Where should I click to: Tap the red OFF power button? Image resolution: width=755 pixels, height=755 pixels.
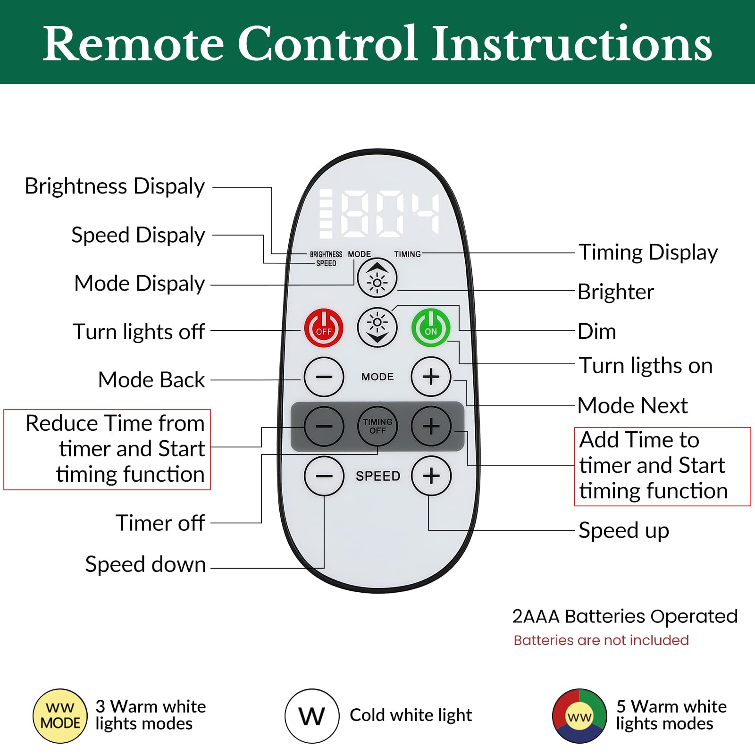(324, 328)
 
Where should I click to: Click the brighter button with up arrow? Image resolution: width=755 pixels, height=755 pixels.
(377, 278)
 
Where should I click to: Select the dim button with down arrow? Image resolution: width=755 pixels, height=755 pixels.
(377, 327)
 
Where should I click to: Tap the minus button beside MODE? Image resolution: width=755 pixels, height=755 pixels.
(324, 377)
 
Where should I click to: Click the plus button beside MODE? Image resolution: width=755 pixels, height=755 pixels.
(431, 377)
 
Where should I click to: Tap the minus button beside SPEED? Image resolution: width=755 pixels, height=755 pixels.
(324, 476)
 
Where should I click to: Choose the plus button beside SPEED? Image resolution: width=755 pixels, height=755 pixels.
(431, 476)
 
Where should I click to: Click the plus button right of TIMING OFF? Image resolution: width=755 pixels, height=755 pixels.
(431, 426)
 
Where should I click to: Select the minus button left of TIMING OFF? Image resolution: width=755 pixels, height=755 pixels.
(324, 426)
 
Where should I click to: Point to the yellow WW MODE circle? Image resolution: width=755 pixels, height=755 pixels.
(60, 716)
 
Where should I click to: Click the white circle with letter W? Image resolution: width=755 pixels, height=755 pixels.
(312, 716)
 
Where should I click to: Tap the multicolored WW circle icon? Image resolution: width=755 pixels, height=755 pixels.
(579, 716)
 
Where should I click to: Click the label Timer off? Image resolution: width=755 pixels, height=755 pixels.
(160, 523)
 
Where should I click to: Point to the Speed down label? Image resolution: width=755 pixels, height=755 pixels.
(145, 564)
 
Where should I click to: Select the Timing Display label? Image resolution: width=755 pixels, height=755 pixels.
(648, 253)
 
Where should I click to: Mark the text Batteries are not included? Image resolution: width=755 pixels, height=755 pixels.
(601, 640)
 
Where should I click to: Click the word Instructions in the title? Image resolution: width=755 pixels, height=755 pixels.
(572, 43)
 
